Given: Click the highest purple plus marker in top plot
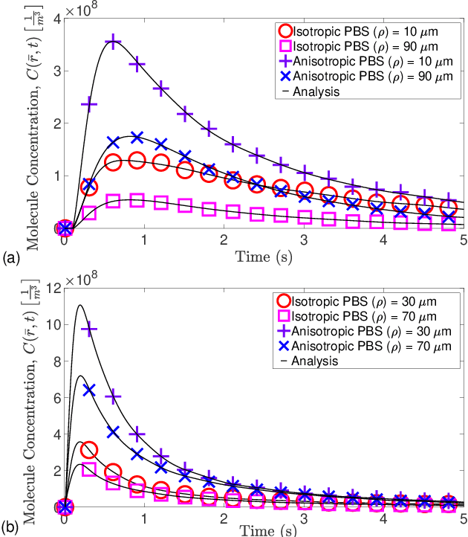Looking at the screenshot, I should pyautogui.click(x=112, y=42).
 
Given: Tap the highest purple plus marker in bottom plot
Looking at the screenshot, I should pyautogui.click(x=89, y=328).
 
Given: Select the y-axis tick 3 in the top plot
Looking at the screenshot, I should pyautogui.click(x=56, y=71).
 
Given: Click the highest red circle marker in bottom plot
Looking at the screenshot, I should pyautogui.click(x=89, y=450).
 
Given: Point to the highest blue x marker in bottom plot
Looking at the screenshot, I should pyautogui.click(x=89, y=390).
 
